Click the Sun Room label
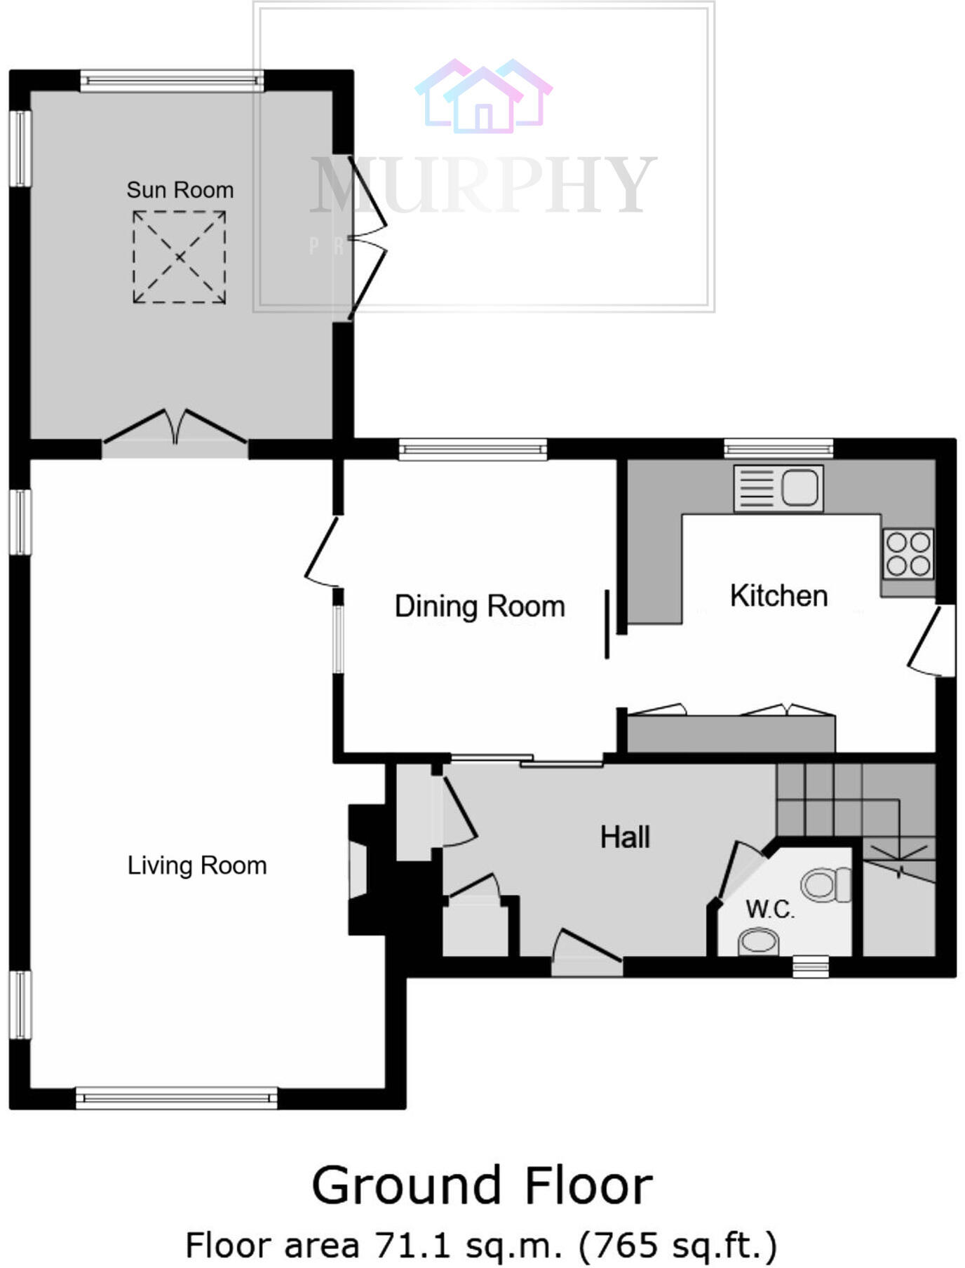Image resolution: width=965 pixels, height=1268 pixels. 180,190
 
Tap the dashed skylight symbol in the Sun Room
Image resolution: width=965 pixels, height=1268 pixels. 180,257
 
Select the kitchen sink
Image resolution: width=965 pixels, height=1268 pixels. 778,488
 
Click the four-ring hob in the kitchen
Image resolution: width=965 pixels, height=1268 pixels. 908,553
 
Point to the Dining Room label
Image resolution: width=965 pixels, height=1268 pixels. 480,607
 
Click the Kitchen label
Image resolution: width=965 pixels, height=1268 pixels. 778,596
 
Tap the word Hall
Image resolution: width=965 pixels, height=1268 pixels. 625,837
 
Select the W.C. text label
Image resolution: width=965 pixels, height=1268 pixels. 769,910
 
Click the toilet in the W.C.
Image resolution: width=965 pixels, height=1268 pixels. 824,884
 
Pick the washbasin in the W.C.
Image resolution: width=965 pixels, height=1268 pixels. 759,942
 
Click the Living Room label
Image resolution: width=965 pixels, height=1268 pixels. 197,865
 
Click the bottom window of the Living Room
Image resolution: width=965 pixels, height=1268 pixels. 176,1098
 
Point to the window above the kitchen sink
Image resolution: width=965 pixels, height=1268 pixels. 778,449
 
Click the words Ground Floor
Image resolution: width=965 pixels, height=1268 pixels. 482,1186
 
